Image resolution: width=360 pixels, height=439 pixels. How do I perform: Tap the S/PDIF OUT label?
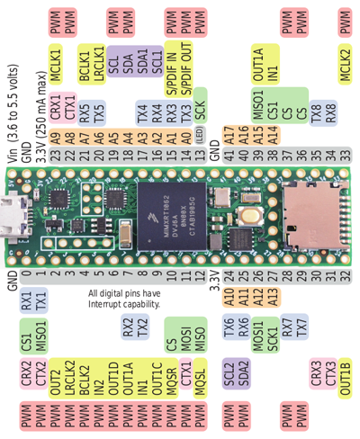pyautogui.click(x=185, y=70)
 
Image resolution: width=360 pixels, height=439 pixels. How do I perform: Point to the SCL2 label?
pyautogui.click(x=229, y=371)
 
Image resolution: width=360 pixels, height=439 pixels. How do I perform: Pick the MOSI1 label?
pyautogui.click(x=257, y=339)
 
